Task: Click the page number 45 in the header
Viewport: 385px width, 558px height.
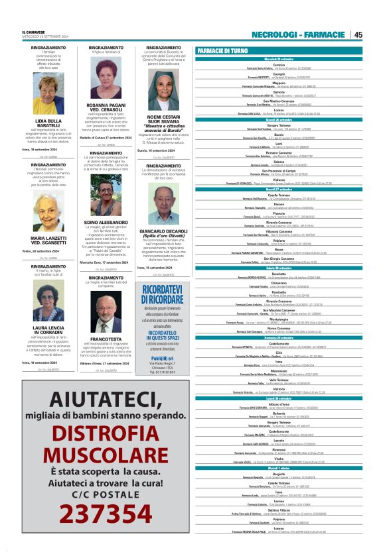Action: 358,34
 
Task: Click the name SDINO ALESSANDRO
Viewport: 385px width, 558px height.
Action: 106,223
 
